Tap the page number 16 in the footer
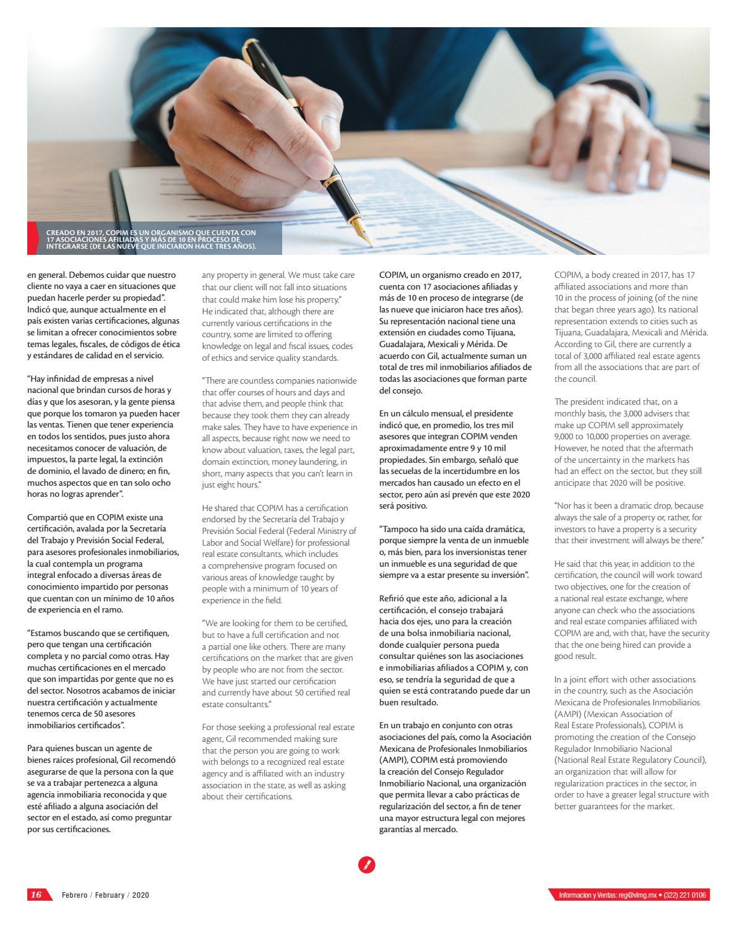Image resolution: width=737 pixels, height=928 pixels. click(x=37, y=895)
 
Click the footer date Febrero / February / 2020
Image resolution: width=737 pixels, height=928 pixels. click(x=105, y=895)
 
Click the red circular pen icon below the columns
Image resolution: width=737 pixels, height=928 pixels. click(x=367, y=864)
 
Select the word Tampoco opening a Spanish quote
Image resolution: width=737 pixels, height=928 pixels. click(x=400, y=530)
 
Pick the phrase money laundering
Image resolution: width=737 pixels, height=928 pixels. click(x=306, y=462)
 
